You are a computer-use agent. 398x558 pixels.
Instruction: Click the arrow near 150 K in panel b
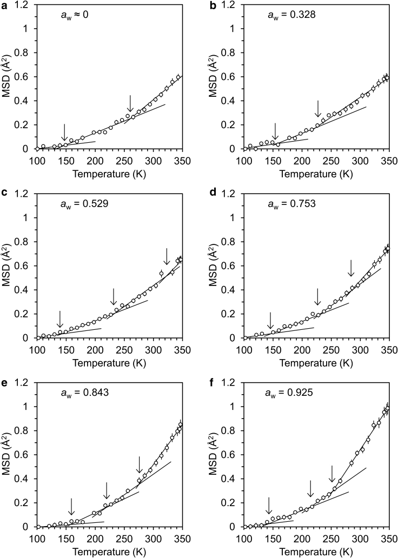[x=275, y=131]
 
